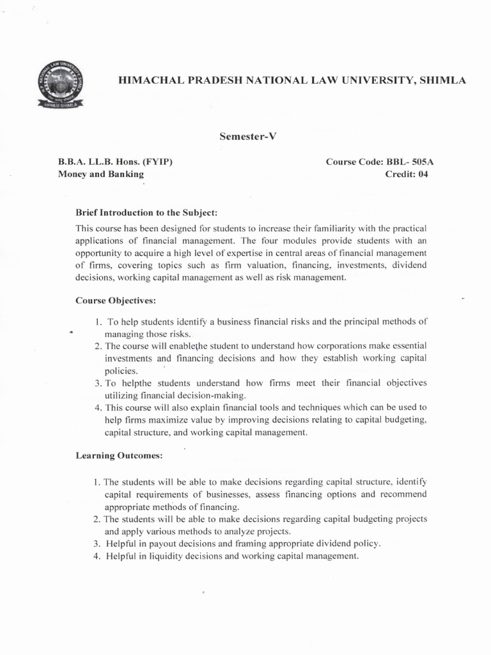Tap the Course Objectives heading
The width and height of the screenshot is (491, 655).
click(x=116, y=299)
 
